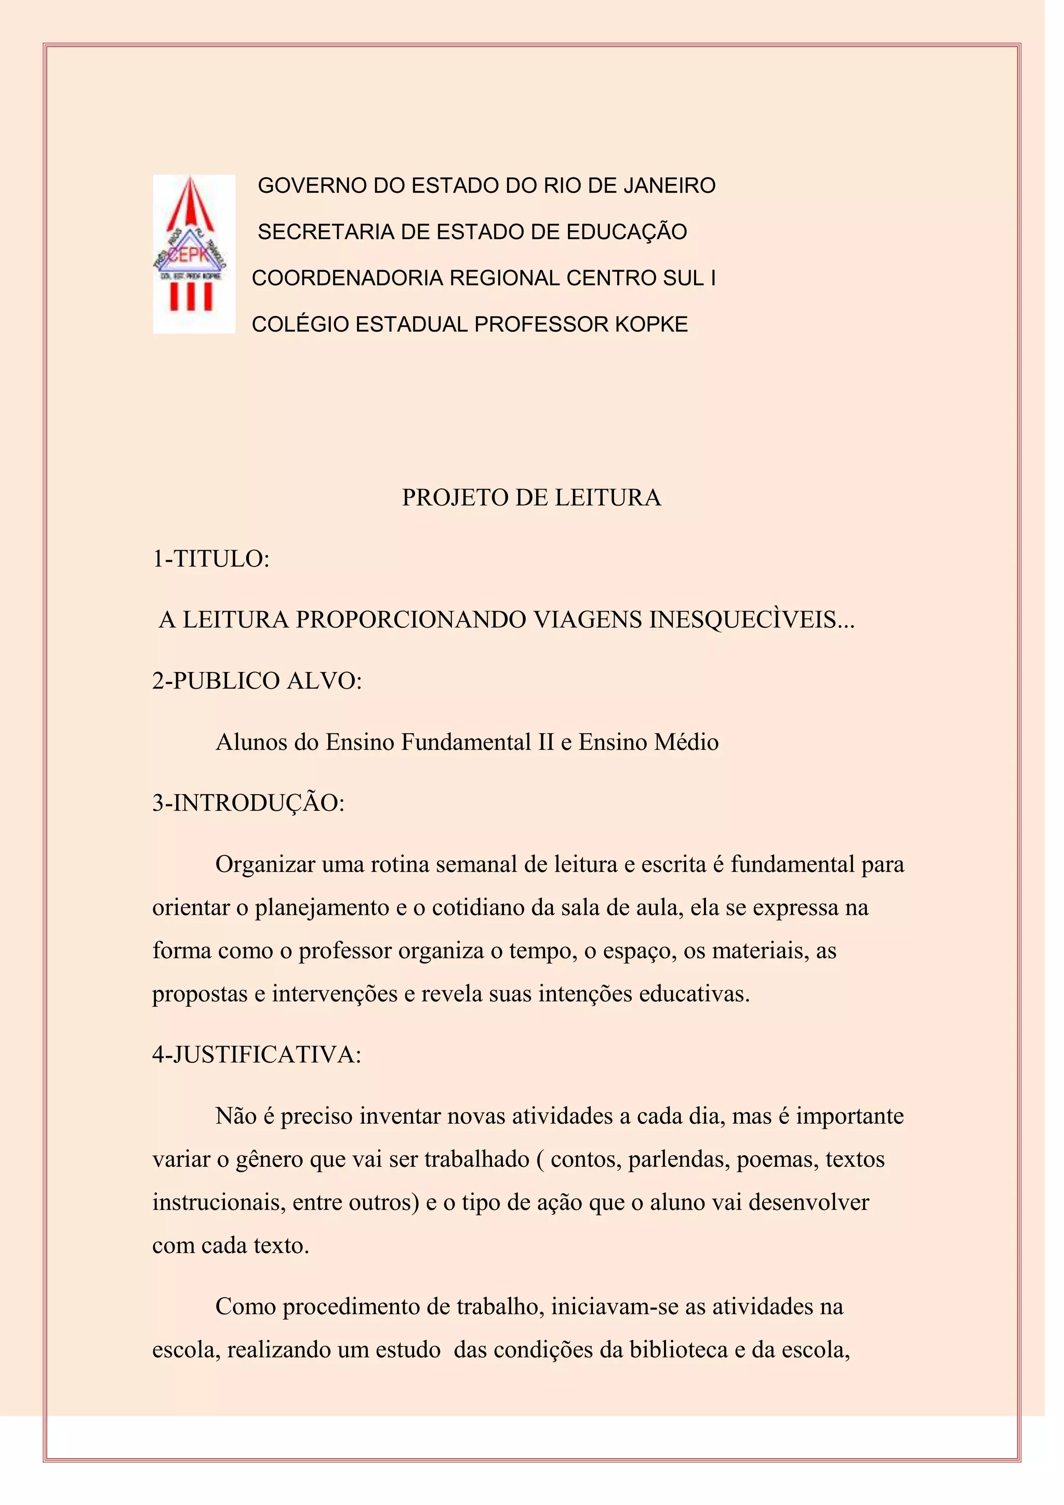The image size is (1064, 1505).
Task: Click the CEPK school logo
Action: pos(194,254)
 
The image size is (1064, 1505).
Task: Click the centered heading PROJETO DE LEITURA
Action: pos(531,498)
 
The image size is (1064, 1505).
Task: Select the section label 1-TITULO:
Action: pos(211,559)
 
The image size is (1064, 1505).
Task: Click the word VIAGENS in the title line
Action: pos(588,620)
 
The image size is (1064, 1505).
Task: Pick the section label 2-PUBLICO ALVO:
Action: pos(257,681)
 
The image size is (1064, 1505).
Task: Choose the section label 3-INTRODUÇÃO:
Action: pos(248,803)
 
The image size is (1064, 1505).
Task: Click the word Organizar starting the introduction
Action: pos(265,865)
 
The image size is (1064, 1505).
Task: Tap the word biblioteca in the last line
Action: pos(678,1350)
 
